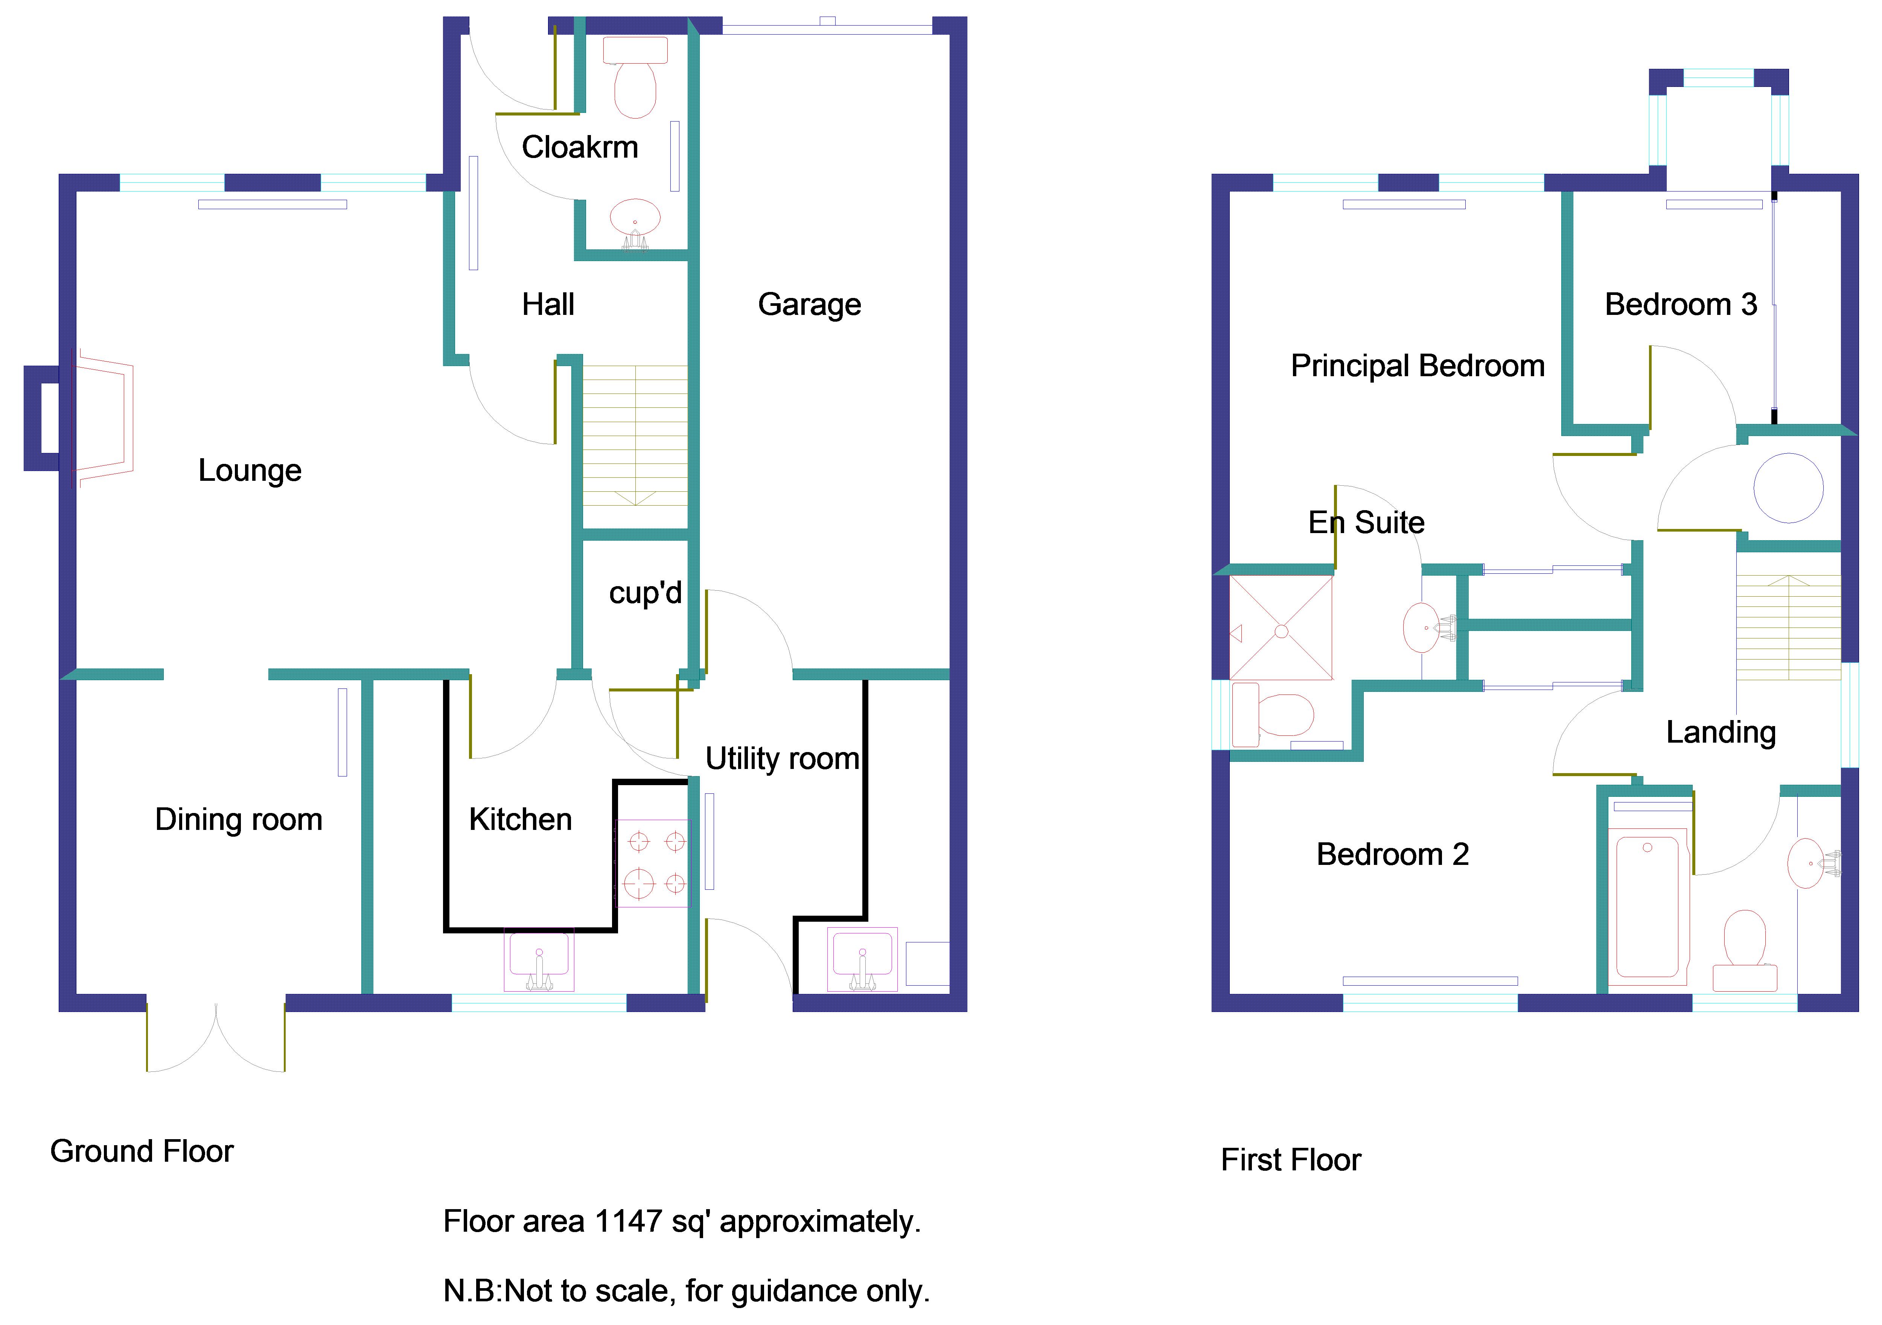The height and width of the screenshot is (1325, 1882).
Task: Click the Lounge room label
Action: tap(250, 470)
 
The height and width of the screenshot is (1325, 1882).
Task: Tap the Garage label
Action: tap(809, 305)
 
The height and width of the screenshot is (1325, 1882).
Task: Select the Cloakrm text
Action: tap(580, 147)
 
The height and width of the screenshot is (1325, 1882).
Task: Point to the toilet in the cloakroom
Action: tap(635, 82)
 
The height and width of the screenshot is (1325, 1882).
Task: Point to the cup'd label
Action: tap(645, 593)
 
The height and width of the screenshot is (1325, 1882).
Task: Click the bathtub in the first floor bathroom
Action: tap(1648, 906)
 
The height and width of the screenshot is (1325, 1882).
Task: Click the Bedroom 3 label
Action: tap(1680, 305)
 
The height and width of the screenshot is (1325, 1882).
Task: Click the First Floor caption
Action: tap(1290, 1160)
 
